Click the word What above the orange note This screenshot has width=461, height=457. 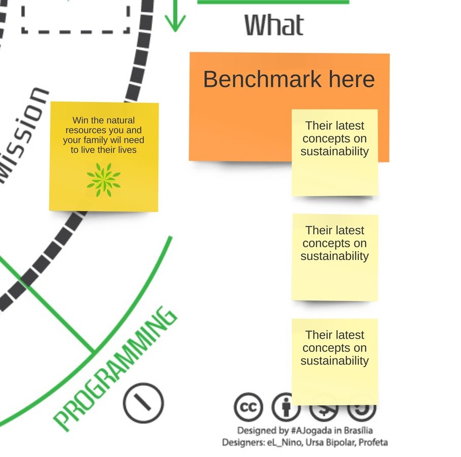[x=274, y=25]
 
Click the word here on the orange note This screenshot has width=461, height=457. [x=352, y=80]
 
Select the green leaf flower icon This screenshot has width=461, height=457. [x=104, y=180]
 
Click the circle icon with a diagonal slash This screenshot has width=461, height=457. [x=143, y=403]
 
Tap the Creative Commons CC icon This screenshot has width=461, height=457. [x=248, y=407]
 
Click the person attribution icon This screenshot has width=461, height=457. [x=286, y=407]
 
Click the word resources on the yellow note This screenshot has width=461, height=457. [x=84, y=130]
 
